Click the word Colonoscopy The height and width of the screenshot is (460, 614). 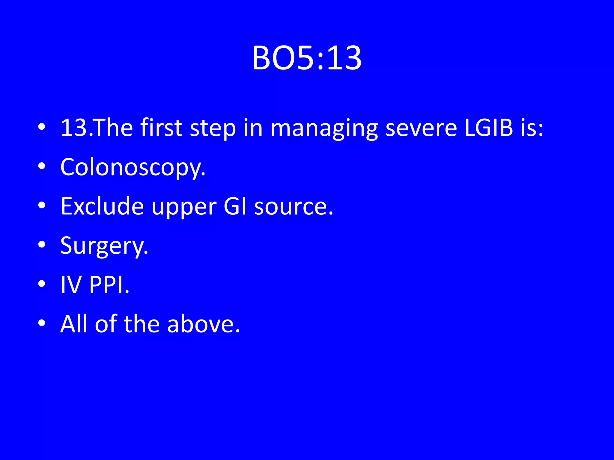click(x=133, y=167)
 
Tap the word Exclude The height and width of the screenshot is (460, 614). click(x=102, y=206)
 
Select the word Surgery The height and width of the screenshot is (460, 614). click(x=104, y=246)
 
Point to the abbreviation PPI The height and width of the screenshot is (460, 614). click(x=109, y=285)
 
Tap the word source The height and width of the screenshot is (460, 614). click(x=293, y=207)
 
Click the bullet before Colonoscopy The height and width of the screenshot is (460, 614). click(x=42, y=166)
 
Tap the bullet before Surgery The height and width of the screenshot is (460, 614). click(x=42, y=244)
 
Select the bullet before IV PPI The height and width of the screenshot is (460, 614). click(x=42, y=284)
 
